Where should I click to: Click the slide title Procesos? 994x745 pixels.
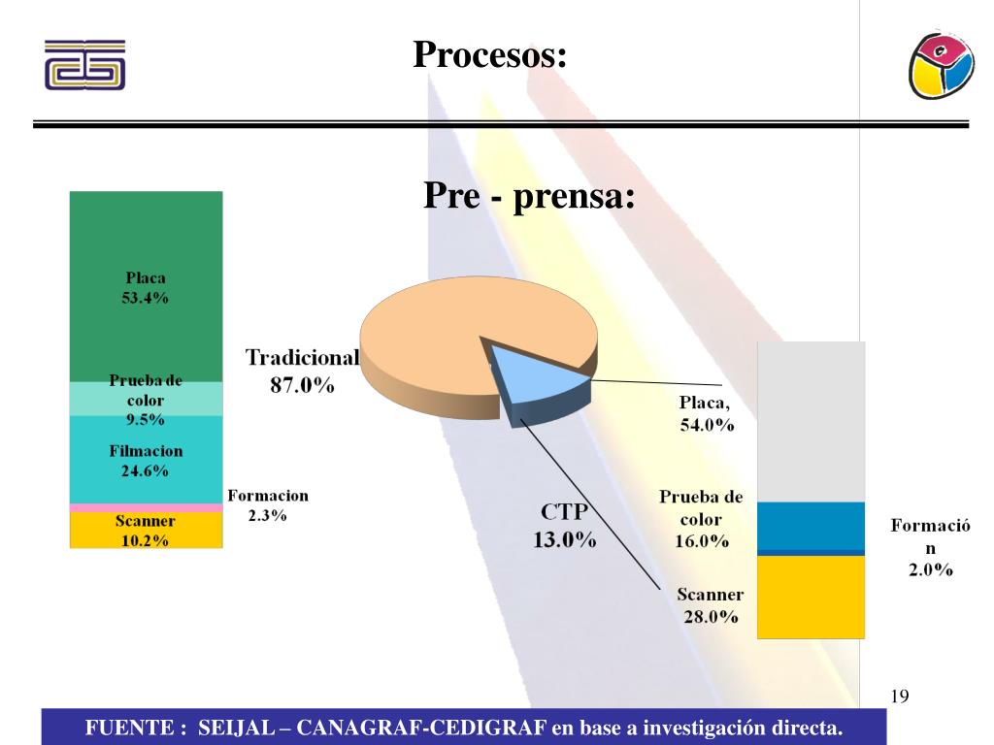tap(489, 54)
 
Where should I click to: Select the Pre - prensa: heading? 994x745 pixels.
tap(529, 197)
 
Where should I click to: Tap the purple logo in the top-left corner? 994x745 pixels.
tap(84, 65)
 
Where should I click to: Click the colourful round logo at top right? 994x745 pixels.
tap(941, 63)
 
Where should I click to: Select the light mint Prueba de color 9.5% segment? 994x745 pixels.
tap(146, 399)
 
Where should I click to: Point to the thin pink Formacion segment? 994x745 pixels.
tap(146, 507)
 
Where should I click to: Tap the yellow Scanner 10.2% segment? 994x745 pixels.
tap(146, 530)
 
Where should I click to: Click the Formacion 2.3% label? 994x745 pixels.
tap(268, 505)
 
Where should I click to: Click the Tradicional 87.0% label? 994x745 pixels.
tap(302, 371)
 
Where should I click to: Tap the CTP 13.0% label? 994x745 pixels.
tap(564, 526)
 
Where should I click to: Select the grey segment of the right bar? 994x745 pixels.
tap(811, 422)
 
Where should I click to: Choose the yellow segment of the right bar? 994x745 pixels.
tap(811, 596)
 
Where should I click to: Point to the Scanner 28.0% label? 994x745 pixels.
tap(711, 605)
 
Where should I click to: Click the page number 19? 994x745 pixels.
tap(899, 696)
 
